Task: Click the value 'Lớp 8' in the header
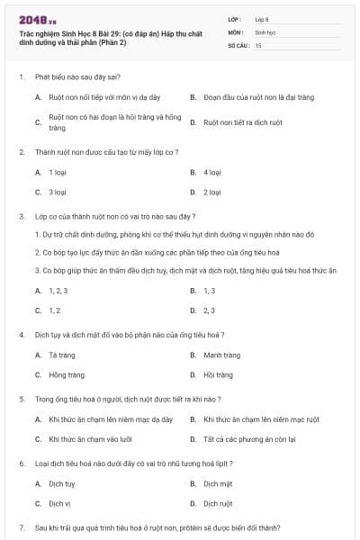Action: pyautogui.click(x=262, y=18)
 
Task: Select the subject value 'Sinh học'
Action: pyautogui.click(x=265, y=31)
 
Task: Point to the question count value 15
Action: pyautogui.click(x=258, y=44)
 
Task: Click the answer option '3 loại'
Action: pyautogui.click(x=58, y=192)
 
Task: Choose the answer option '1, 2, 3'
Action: pyautogui.click(x=58, y=291)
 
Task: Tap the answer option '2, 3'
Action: pyautogui.click(x=209, y=310)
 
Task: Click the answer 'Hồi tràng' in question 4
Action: pyautogui.click(x=218, y=374)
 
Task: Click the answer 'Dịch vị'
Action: pyautogui.click(x=59, y=503)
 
